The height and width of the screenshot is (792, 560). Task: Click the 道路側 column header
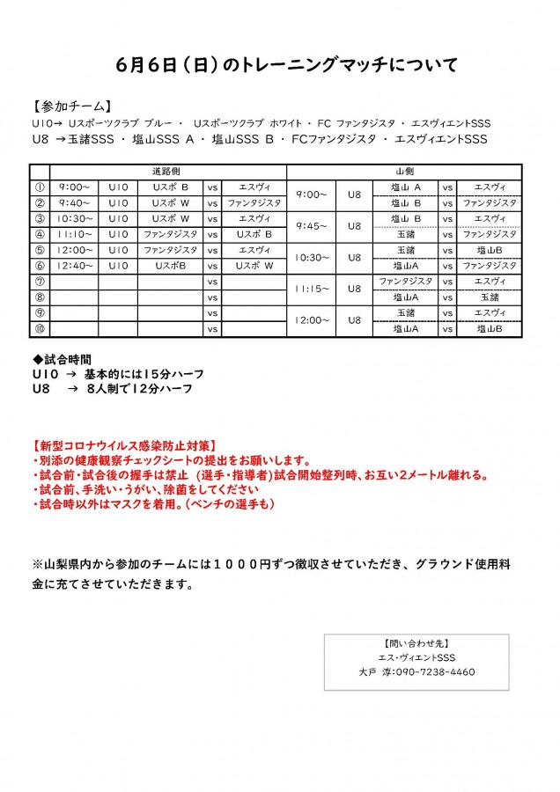(167, 172)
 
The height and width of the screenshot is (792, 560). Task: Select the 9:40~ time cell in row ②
(74, 202)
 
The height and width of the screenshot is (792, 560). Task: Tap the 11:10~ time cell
(74, 234)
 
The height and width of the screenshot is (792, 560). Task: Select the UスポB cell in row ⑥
(169, 265)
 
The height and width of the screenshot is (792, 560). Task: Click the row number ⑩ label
(39, 328)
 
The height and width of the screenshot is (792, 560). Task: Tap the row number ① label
(39, 187)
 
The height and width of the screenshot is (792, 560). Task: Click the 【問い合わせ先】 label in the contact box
(416, 643)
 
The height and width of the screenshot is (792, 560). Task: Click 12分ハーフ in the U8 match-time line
(160, 387)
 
